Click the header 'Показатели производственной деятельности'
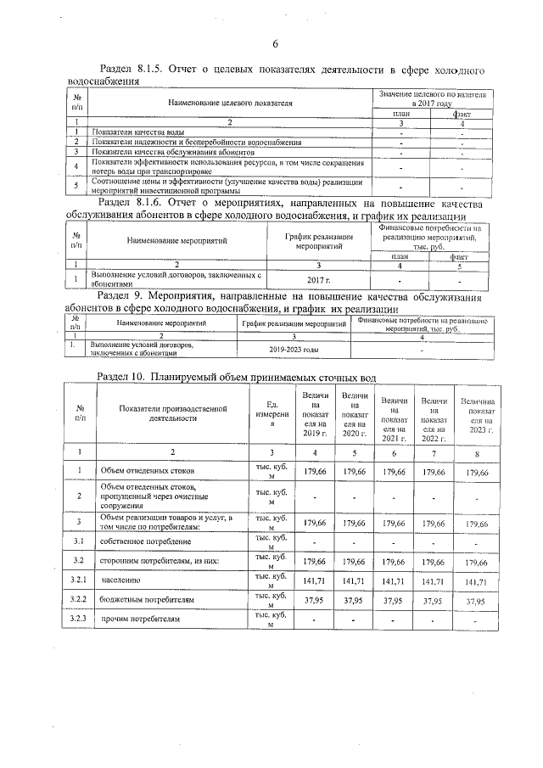pyautogui.click(x=173, y=412)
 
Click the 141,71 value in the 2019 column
pyautogui.click(x=315, y=581)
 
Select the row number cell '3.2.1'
pyautogui.click(x=80, y=580)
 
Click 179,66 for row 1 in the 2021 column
pyautogui.click(x=395, y=471)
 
